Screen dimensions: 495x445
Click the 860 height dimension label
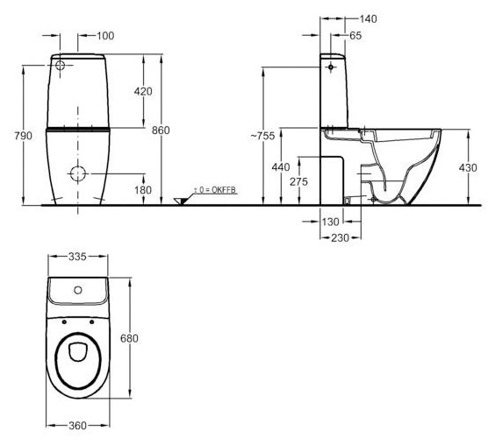coord(161,131)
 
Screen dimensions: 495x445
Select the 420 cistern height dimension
coord(143,91)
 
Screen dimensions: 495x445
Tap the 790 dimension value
coord(24,136)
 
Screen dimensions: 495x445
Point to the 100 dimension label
coord(105,36)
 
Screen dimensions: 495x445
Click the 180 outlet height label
coord(143,190)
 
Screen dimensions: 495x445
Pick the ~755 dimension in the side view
coord(262,136)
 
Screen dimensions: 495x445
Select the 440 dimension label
coord(281,167)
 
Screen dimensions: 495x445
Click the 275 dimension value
coord(298,182)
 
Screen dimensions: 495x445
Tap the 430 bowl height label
coord(468,167)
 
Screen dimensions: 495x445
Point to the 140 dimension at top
coord(368,19)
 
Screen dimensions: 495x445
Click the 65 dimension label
coord(355,36)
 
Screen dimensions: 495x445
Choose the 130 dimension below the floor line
coord(331,222)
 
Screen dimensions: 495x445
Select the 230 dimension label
coord(340,237)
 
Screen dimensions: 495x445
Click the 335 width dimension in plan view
coord(77,257)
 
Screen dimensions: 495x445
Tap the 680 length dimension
coord(129,338)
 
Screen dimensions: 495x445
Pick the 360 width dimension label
coord(77,426)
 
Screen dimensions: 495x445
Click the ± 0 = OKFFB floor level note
coord(215,190)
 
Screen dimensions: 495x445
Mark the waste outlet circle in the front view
coord(77,173)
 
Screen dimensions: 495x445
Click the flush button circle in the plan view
coord(77,290)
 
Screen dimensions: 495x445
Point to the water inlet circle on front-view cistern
coord(60,66)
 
